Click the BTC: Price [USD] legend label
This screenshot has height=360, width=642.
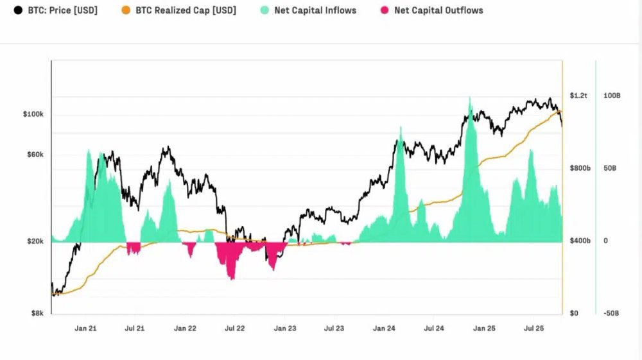pos(63,10)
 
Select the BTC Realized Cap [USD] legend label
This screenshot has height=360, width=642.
pos(186,10)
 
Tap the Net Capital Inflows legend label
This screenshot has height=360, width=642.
pos(315,10)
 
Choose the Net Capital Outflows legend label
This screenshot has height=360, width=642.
pos(438,10)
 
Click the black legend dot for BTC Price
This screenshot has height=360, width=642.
pos(18,10)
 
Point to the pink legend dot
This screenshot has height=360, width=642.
pos(385,10)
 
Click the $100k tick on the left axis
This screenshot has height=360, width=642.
pos(33,114)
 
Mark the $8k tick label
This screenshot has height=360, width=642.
pos(37,314)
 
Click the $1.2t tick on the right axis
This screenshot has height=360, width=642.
pos(579,96)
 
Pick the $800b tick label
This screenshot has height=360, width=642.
pos(580,168)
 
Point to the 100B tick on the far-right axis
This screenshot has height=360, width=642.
pos(612,96)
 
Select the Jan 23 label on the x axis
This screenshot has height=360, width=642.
pos(285,329)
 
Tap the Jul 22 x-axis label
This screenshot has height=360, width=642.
pos(235,329)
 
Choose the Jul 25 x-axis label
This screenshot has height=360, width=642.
pos(534,329)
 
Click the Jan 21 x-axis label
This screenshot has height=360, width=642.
pos(85,329)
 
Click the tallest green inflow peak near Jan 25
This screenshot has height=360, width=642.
pos(470,99)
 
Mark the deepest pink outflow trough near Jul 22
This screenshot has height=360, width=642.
pos(232,279)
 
